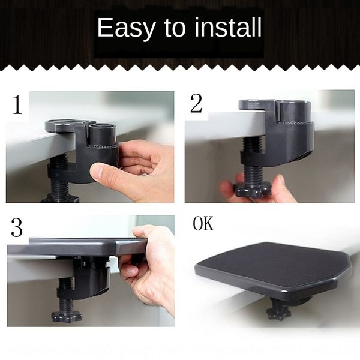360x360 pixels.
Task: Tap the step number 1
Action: coord(17,104)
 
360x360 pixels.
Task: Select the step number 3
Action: coord(17,228)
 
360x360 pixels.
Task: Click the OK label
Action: coord(203,225)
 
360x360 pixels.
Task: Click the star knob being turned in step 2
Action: coord(253,190)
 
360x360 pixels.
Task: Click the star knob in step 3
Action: coord(66,315)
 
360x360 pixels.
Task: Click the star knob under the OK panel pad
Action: coord(279,312)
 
